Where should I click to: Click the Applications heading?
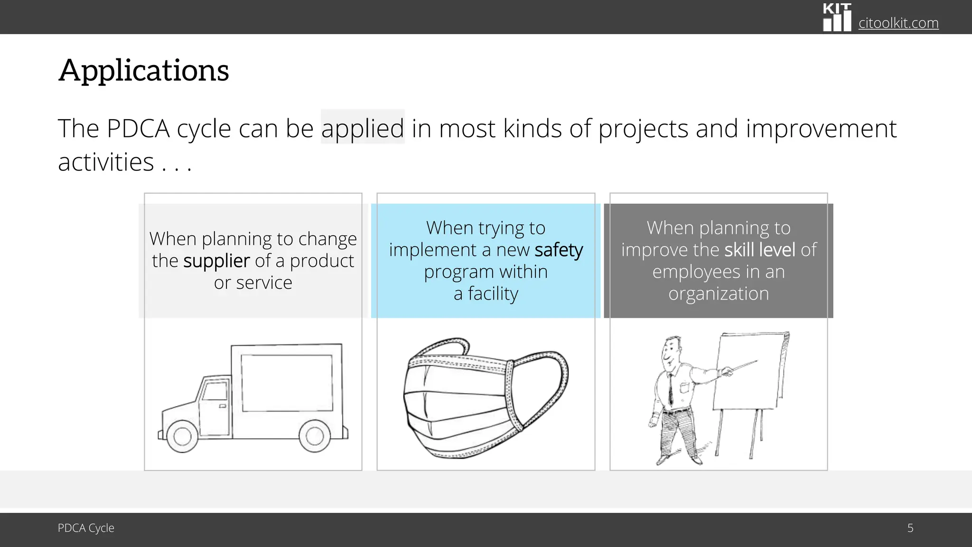click(143, 70)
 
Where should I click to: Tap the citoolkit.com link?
click(898, 23)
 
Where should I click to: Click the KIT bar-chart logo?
click(837, 18)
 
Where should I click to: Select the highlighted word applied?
click(363, 128)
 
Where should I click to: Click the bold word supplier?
click(216, 261)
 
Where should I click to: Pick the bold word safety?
click(559, 250)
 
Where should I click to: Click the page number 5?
click(910, 528)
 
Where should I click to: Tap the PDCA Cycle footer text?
click(86, 528)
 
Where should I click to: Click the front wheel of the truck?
click(182, 436)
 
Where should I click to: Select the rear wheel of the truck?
click(314, 435)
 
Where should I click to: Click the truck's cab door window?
click(215, 390)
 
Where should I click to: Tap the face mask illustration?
click(485, 398)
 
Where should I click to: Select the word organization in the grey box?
click(718, 294)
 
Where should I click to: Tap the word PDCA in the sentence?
click(138, 128)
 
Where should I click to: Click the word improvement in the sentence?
click(821, 128)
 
